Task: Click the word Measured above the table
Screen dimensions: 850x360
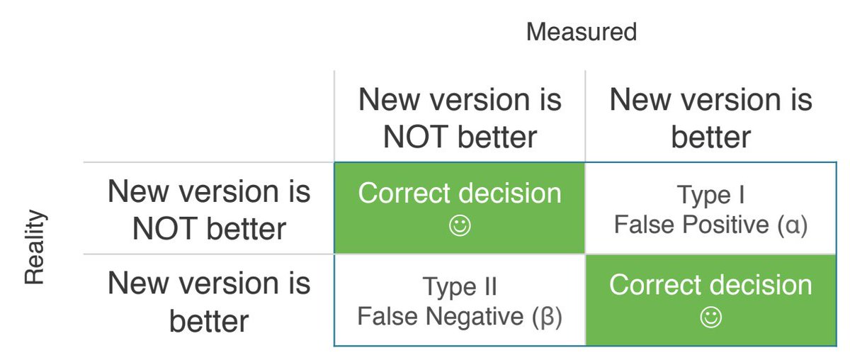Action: pos(581,32)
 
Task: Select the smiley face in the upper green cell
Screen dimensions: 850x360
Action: pos(460,227)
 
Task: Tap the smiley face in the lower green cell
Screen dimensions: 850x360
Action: pos(710,318)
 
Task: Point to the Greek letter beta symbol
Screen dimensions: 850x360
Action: pos(546,317)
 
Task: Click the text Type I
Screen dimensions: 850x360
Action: pos(710,195)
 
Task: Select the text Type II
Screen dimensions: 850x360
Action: pos(460,287)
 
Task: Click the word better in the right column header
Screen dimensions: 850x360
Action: pos(710,137)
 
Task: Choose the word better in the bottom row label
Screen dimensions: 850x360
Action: pos(209,321)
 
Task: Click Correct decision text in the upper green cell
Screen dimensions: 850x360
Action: pos(460,193)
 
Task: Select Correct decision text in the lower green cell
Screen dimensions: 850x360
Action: pos(710,285)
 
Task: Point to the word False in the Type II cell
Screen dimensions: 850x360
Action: pos(387,317)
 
